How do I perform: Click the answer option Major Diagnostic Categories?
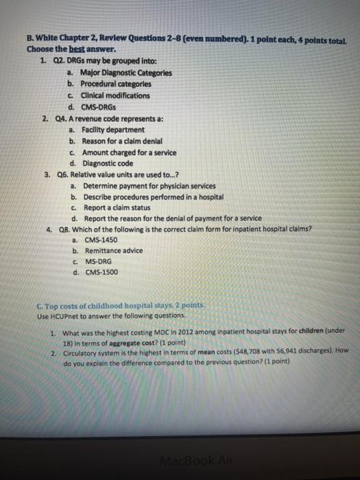[125, 73]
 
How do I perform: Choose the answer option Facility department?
[112, 130]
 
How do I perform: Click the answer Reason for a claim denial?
[123, 141]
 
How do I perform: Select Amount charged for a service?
[129, 152]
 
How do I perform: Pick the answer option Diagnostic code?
[108, 163]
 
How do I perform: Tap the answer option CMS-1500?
[101, 272]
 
